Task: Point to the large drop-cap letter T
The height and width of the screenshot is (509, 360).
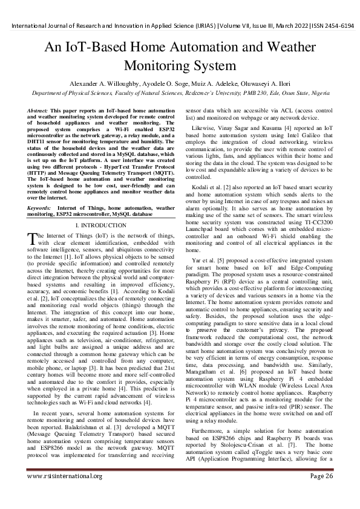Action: pos(33,238)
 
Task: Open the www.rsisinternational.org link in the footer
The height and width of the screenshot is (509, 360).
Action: pos(64,493)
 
